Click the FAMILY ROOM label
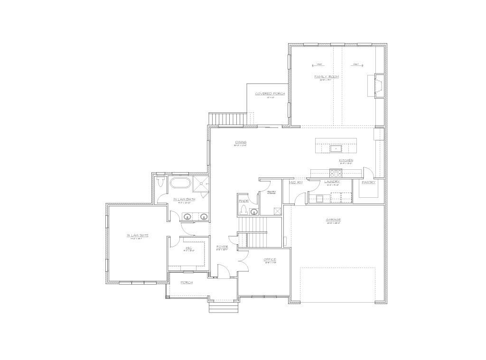327,76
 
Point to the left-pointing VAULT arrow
318,65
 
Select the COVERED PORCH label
270,93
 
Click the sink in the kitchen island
336,148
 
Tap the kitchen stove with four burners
338,173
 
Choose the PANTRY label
368,182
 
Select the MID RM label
296,182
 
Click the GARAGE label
333,220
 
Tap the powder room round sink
254,212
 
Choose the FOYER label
222,247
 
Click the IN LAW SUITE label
137,235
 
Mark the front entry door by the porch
223,272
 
